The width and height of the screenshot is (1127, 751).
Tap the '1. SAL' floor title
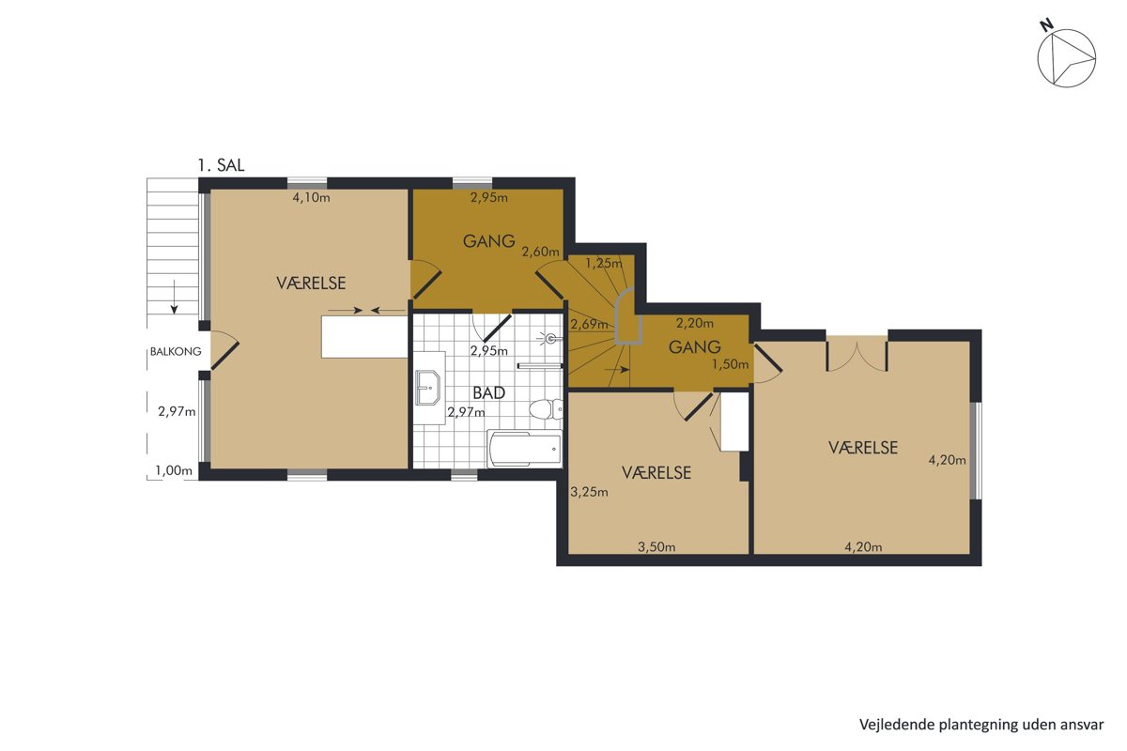[221, 165]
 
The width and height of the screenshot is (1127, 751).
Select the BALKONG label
[176, 352]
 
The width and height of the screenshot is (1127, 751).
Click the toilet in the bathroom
[546, 408]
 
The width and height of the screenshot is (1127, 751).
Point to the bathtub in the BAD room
[524, 449]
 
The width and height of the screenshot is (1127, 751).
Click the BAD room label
[489, 392]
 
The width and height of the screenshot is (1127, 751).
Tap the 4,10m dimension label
[312, 198]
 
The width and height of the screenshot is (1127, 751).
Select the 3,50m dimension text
[656, 546]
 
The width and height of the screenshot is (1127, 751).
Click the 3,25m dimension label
[589, 492]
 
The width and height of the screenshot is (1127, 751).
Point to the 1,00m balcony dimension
[174, 470]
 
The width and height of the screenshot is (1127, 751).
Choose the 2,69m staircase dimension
[589, 325]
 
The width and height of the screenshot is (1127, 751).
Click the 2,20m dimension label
[695, 324]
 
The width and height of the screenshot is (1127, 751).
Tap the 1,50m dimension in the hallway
[730, 364]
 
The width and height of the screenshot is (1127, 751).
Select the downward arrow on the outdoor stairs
[174, 297]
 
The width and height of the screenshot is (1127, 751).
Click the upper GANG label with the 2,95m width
[489, 241]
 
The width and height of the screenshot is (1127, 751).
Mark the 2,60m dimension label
[540, 252]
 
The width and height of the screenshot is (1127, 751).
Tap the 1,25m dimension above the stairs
[604, 263]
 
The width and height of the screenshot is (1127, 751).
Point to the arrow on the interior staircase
[617, 370]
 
